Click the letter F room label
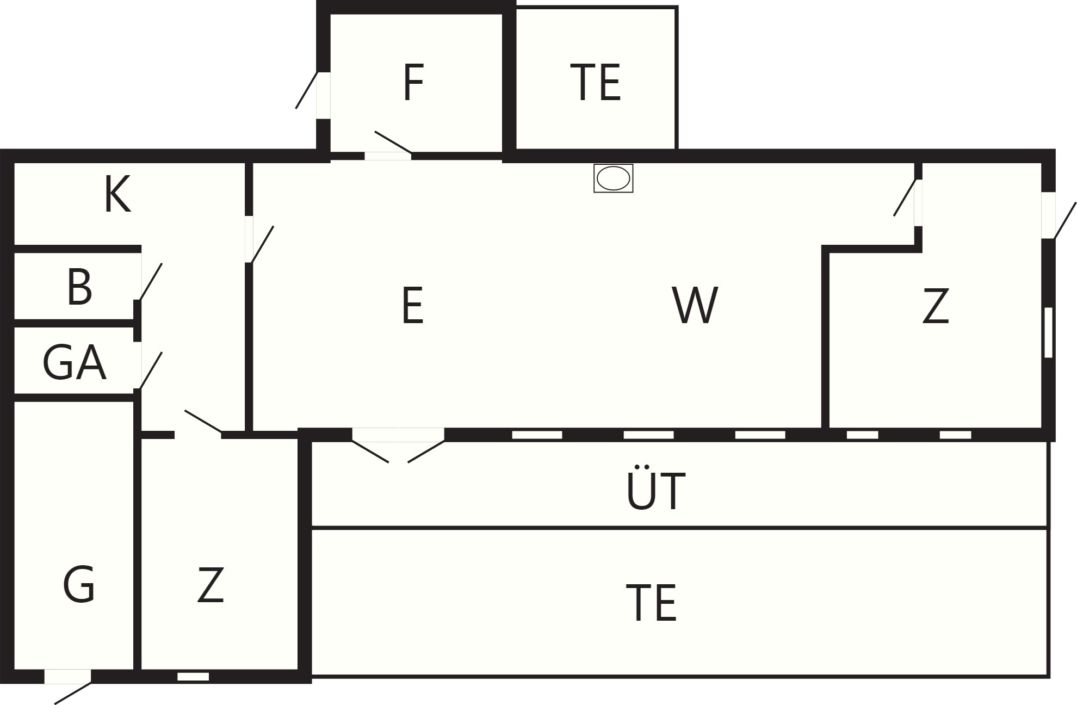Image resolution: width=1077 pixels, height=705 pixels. (413, 83)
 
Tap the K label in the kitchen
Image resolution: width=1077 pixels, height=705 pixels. (117, 195)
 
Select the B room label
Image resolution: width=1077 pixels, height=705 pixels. (79, 287)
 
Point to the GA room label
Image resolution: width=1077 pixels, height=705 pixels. (74, 363)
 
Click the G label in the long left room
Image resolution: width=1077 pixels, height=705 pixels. (79, 584)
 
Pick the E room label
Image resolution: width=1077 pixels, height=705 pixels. (412, 306)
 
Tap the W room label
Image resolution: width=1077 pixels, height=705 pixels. (695, 306)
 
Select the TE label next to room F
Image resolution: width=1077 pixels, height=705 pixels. (596, 83)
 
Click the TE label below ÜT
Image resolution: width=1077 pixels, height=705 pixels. (651, 603)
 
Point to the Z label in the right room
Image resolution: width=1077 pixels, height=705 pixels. (936, 306)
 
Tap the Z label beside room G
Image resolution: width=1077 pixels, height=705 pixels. (211, 585)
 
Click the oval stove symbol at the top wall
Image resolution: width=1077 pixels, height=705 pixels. (613, 178)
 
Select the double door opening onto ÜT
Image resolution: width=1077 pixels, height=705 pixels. (398, 445)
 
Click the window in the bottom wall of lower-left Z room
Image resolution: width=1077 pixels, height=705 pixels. (193, 677)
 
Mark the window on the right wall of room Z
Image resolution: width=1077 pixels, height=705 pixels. (1048, 332)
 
